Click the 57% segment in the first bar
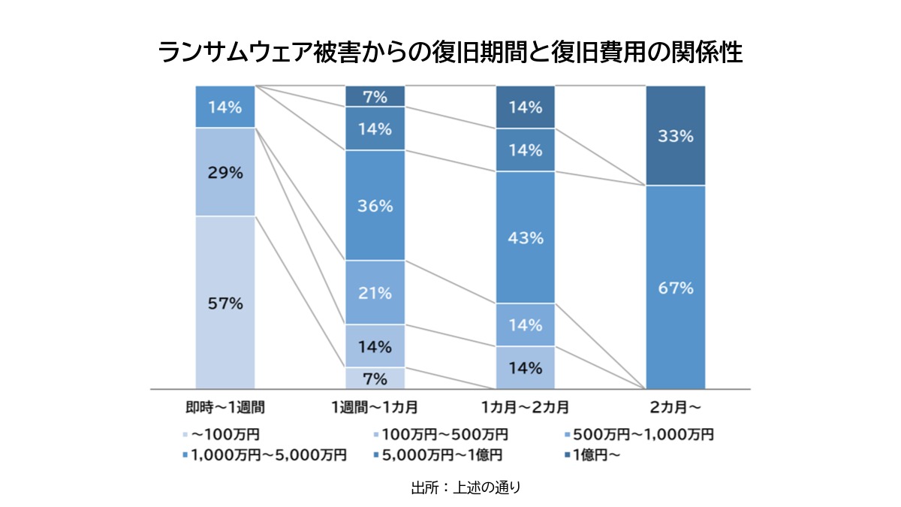225,303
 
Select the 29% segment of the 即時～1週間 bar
225,172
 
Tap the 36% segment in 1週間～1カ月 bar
375,206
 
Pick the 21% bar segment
375,293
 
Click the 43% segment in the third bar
525,237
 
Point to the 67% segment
675,287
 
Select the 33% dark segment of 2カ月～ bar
675,136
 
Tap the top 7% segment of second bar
375,96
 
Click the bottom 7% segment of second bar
375,378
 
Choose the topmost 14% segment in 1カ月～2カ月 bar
525,107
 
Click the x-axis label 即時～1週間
225,408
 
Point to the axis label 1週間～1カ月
375,408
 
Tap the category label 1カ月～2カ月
525,408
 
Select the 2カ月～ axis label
675,408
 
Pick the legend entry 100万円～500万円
444,434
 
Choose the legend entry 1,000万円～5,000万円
269,454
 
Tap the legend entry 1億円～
595,454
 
